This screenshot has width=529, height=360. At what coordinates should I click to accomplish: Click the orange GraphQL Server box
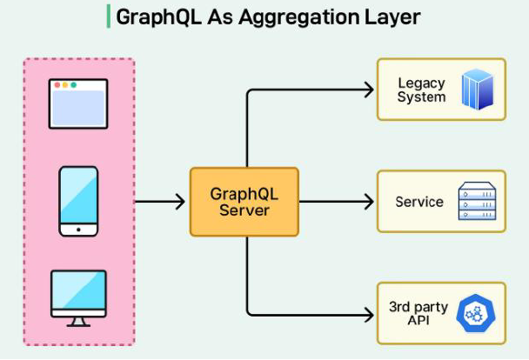click(244, 202)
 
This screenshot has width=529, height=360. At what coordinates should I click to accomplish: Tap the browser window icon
click(78, 103)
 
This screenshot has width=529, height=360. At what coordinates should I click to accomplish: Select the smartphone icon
click(78, 201)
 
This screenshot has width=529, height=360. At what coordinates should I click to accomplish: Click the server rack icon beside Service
click(476, 202)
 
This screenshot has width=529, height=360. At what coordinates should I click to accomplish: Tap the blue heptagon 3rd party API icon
click(476, 313)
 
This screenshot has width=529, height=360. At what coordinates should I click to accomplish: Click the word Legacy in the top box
click(421, 83)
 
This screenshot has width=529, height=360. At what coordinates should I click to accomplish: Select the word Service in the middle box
click(419, 202)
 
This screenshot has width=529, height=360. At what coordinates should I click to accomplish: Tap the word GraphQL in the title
click(151, 17)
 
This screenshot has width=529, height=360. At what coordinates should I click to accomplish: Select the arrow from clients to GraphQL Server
click(161, 202)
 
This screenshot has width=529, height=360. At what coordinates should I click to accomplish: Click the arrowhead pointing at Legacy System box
click(368, 89)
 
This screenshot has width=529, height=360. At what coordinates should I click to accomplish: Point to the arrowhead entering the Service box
click(368, 202)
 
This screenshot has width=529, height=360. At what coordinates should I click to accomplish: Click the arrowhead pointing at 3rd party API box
click(368, 313)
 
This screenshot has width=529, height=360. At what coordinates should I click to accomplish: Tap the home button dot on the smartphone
click(78, 230)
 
